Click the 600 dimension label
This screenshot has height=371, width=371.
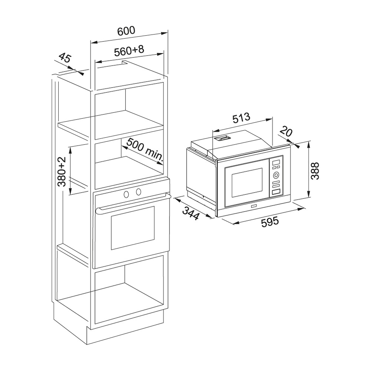point(126,31)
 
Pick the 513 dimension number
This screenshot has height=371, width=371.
point(241,119)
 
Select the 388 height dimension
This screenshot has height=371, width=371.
point(315,171)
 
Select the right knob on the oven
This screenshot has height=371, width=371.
point(138,191)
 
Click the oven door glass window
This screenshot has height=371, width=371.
point(132,228)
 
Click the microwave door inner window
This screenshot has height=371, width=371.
point(247,183)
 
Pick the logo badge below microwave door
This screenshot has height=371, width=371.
point(253,205)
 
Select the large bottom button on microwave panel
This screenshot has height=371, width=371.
point(276,192)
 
